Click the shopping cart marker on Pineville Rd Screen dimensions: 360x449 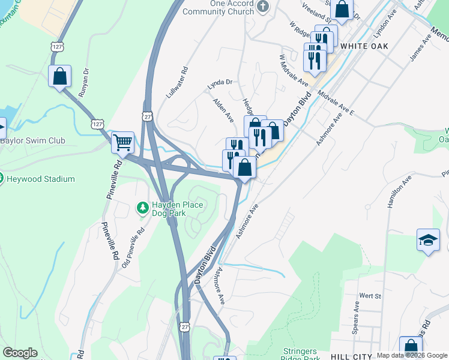123,143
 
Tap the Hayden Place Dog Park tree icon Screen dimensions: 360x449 142,208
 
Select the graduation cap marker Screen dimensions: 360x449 427,241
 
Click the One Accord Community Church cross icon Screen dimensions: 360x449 262,7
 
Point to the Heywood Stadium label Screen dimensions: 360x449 41,179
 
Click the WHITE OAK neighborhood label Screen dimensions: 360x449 364,46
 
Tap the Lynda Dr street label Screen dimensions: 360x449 220,85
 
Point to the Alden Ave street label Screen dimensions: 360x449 223,110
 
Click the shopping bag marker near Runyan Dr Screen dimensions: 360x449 59,76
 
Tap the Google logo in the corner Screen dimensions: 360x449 20,353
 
